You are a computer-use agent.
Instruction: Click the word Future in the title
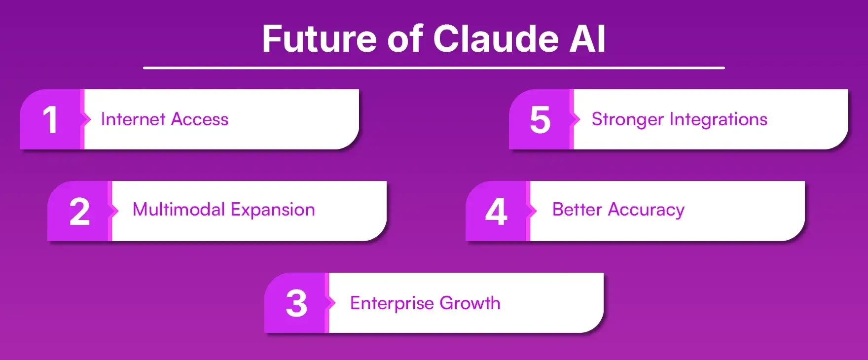320,39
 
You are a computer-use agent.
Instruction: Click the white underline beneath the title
434,68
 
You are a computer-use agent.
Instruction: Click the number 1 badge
50,120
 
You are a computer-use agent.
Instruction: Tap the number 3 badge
296,303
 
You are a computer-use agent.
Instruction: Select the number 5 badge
540,120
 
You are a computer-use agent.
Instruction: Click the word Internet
133,119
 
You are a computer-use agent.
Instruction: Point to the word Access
200,119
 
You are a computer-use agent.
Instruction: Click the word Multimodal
179,210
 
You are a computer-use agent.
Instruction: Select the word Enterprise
392,303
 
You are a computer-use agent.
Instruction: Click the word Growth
470,303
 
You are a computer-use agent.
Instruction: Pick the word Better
577,210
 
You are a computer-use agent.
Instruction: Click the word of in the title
405,39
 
